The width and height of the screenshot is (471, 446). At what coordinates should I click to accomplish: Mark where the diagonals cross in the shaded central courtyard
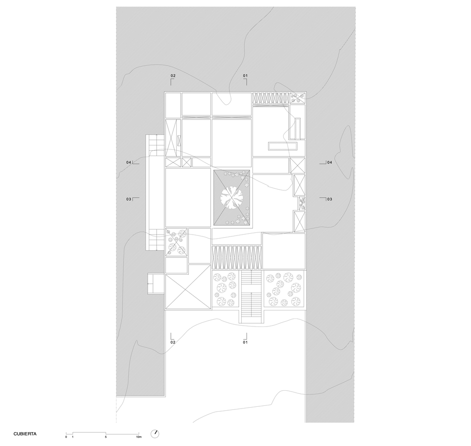coord(231,198)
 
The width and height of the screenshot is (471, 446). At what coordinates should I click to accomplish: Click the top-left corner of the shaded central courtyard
coord(214,170)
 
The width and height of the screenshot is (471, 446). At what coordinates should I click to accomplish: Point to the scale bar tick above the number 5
coord(106,433)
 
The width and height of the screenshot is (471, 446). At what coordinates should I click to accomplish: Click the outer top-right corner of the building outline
coord(306,91)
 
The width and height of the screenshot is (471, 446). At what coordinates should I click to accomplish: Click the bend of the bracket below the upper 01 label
coord(247,79)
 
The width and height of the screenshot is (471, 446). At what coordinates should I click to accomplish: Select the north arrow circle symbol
coord(155,434)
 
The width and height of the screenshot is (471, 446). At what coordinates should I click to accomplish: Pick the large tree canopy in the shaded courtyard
coord(231,198)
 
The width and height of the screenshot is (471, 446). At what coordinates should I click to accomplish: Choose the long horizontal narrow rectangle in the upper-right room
coord(283,146)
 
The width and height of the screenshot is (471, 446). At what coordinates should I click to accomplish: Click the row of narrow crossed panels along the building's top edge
coord(270,98)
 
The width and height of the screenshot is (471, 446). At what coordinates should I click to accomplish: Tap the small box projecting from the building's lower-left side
coord(156,284)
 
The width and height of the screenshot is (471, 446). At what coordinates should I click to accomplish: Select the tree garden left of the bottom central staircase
coord(226,289)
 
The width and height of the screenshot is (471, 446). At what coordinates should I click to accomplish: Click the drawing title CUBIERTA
coord(25,434)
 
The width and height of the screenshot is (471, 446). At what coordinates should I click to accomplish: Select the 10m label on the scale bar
coord(138,437)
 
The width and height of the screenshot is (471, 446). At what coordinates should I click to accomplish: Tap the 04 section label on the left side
coord(128,162)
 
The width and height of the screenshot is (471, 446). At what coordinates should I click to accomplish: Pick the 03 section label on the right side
coord(330,199)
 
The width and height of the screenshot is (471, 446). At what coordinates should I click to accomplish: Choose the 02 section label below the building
coord(173,342)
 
